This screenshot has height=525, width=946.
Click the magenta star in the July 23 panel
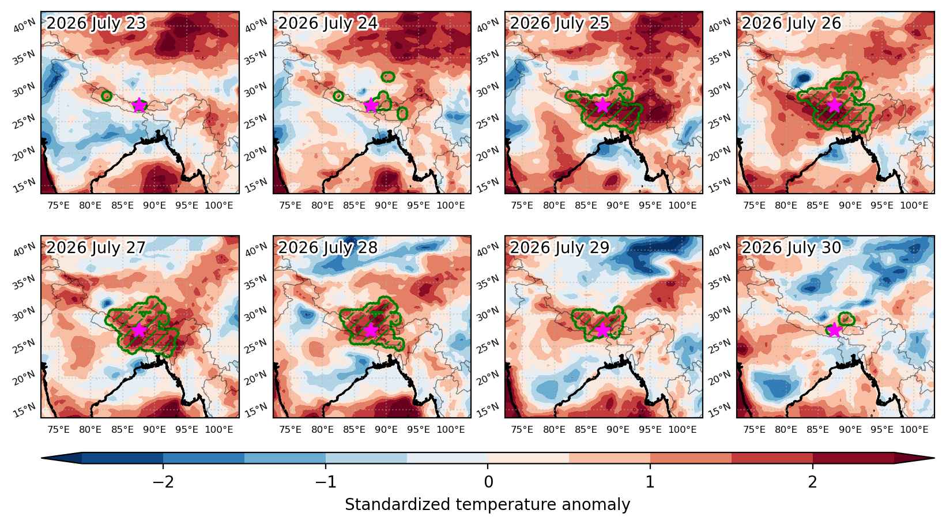coord(139,105)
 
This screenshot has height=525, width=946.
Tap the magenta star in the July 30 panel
coord(835,330)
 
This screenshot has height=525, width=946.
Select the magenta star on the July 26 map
coord(835,105)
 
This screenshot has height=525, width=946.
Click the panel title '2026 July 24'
coord(327,23)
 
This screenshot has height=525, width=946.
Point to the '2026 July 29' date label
coord(560,247)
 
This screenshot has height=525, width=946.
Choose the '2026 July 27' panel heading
coord(96,247)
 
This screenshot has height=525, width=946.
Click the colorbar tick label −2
coord(163,482)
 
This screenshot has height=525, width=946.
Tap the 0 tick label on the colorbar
coord(488,482)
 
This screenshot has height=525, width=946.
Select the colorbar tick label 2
coord(813,482)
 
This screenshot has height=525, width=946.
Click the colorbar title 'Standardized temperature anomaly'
coord(487,505)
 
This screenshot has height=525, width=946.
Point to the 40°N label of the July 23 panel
coord(24,26)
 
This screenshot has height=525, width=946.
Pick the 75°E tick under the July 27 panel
coord(58,429)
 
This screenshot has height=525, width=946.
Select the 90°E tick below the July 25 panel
coord(618,206)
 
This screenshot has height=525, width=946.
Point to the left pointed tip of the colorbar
coord(42,458)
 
